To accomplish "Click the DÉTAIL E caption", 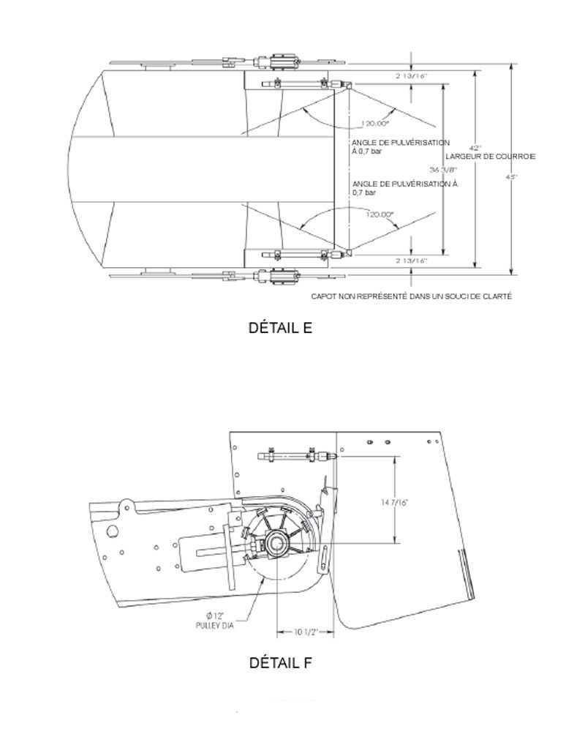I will tap(281, 328).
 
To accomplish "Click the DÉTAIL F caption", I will tap(281, 663).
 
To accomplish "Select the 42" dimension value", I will tap(475, 148).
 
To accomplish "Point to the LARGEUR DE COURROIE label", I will tap(491, 157).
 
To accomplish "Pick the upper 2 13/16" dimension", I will tap(411, 75).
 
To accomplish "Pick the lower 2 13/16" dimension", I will tap(411, 261).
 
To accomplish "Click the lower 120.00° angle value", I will tap(380, 214).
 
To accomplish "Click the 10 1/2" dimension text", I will tap(305, 631).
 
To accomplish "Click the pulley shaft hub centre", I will tap(277, 543).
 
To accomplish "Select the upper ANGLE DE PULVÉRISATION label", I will tap(400, 147).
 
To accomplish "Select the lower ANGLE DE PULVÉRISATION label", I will tap(404, 188).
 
